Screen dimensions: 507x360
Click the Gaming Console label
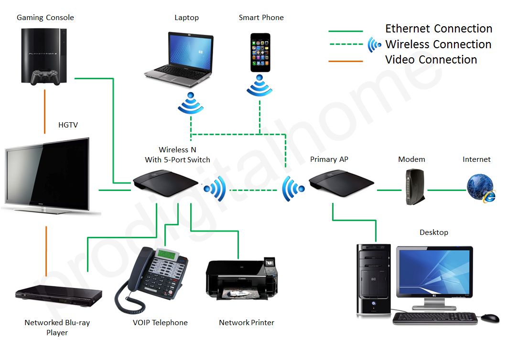45,18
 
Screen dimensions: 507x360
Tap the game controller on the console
45,77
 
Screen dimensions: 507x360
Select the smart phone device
260,53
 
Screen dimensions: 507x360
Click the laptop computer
179,59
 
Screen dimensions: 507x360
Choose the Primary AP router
341,183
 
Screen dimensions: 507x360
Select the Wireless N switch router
165,183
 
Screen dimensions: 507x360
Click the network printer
241,278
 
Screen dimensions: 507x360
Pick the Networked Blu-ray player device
58,295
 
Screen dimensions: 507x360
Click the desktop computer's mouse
490,318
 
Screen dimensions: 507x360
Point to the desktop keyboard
435,318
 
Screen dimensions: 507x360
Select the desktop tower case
374,280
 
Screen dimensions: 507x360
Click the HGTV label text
68,125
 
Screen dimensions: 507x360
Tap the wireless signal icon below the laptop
191,103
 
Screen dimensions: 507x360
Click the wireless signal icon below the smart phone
259,85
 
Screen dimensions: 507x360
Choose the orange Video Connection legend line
345,61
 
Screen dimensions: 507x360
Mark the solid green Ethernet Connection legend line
345,32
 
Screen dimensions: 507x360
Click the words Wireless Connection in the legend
439,44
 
